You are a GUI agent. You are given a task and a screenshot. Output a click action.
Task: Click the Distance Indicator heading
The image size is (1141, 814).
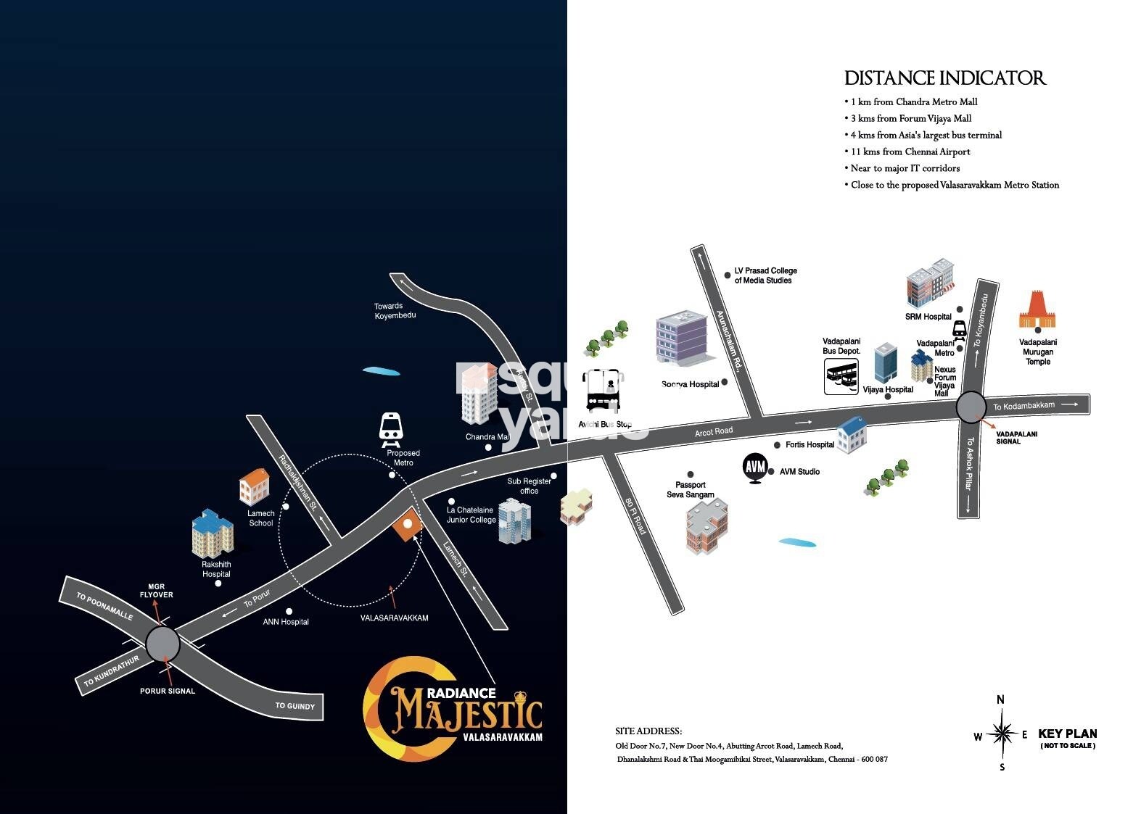(x=944, y=78)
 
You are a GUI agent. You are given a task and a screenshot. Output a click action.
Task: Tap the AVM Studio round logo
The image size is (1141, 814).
(x=755, y=466)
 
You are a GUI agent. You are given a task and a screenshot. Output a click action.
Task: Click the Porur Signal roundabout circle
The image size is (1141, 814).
(x=162, y=644)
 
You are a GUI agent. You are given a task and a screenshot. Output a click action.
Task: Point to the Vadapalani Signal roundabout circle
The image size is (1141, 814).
(x=971, y=407)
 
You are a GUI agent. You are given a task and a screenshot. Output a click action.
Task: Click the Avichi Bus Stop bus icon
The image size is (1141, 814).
(x=604, y=391)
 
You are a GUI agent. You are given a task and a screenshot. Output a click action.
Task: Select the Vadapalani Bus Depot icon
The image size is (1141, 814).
(x=841, y=377)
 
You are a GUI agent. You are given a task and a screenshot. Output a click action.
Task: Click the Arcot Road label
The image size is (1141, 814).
(x=714, y=432)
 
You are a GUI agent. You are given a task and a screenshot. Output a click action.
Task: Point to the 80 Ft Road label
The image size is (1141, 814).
(x=635, y=515)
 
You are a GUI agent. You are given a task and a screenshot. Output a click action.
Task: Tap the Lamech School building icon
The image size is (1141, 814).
(x=254, y=486)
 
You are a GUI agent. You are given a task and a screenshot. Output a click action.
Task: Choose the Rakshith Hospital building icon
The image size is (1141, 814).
(x=213, y=533)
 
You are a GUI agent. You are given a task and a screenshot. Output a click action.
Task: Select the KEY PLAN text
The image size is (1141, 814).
(x=1067, y=734)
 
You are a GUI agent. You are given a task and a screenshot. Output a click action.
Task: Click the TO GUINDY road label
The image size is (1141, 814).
(x=295, y=705)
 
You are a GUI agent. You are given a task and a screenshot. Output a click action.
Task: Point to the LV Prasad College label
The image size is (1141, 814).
(x=765, y=275)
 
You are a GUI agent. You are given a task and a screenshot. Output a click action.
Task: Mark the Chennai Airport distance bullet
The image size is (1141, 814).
(x=910, y=151)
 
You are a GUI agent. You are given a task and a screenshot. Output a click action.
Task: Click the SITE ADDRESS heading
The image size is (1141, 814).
(x=648, y=731)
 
